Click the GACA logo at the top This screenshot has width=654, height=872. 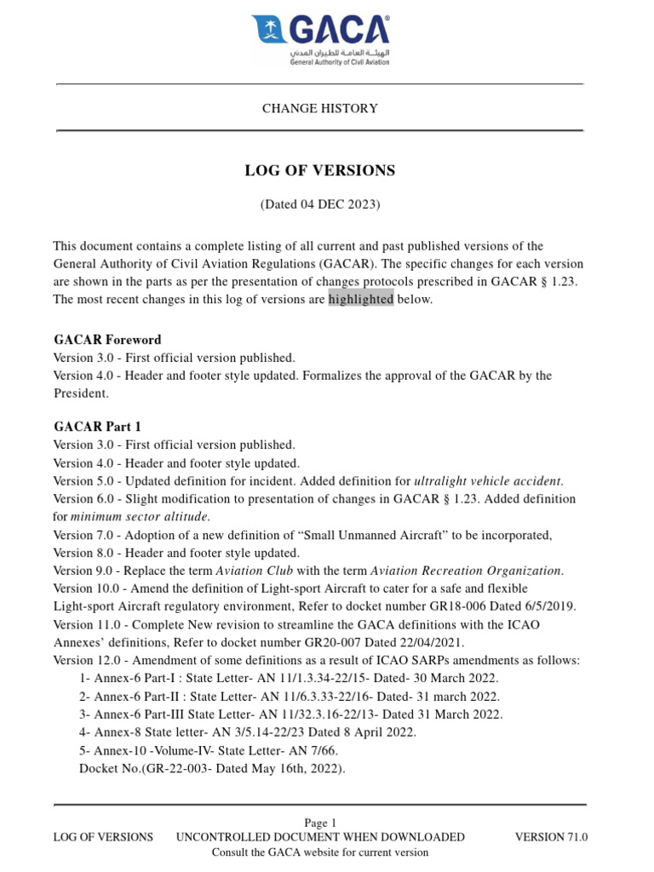320,39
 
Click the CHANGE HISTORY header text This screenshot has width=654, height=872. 319,109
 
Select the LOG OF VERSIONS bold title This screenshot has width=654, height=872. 319,170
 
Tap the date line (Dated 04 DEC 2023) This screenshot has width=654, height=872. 319,204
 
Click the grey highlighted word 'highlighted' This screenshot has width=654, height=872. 360,299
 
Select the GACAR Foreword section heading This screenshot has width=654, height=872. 107,340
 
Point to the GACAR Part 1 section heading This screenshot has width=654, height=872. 97,427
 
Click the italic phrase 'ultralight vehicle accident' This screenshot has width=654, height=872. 488,481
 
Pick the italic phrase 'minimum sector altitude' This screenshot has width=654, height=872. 140,517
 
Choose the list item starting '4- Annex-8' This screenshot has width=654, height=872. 247,732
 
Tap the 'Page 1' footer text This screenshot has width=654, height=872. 320,823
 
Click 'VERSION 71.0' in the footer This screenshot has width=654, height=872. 551,837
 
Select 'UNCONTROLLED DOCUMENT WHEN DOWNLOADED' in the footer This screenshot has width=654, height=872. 320,837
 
